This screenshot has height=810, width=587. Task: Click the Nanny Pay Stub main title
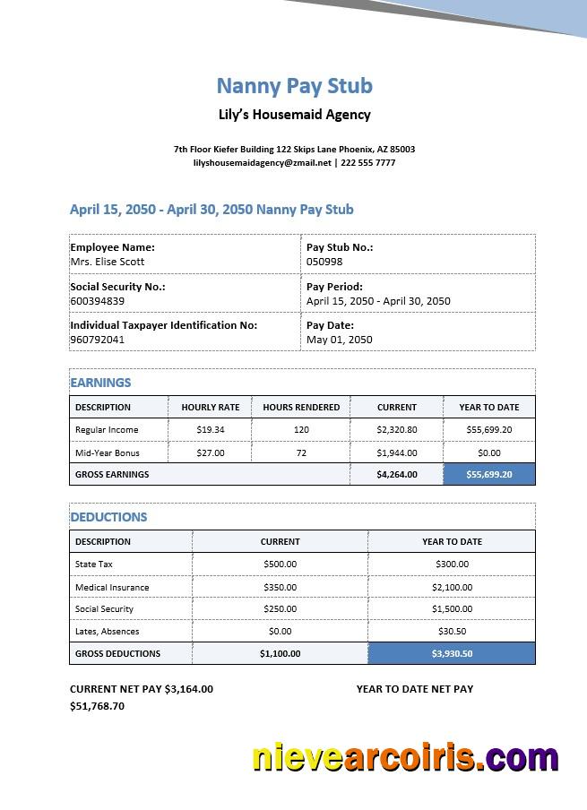click(x=294, y=86)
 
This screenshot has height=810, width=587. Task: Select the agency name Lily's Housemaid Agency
click(x=294, y=115)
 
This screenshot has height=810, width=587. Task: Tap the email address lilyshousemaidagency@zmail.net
click(x=262, y=163)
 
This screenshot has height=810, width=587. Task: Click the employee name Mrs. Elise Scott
click(x=108, y=262)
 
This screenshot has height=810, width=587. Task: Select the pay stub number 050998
click(x=324, y=262)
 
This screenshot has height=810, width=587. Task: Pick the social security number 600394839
click(x=98, y=301)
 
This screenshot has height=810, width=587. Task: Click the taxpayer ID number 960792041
click(x=98, y=340)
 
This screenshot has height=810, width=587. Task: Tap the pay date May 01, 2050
click(x=339, y=340)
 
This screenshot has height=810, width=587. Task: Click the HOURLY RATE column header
click(x=211, y=407)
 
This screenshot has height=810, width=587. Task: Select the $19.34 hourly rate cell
click(x=211, y=430)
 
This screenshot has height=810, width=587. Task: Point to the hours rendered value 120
click(x=301, y=430)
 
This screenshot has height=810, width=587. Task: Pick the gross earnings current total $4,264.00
click(x=397, y=475)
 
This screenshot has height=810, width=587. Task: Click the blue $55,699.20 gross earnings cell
click(x=489, y=475)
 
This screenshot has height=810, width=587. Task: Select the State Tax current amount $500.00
click(x=280, y=564)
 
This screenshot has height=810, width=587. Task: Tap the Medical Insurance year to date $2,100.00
click(x=452, y=588)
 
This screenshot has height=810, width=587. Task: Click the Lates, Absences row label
click(x=107, y=632)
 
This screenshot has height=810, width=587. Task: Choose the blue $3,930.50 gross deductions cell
click(x=452, y=654)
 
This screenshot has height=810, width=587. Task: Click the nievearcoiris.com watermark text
click(x=405, y=758)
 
